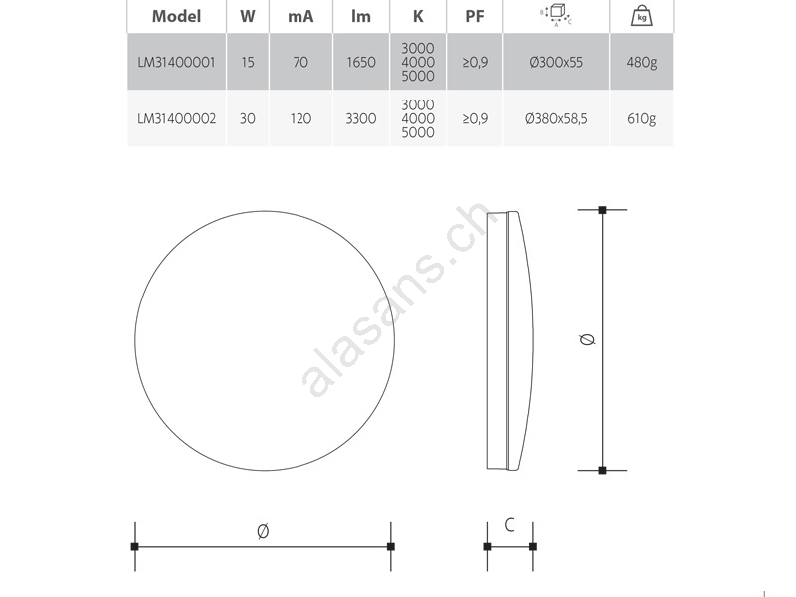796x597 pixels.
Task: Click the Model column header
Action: tap(177, 16)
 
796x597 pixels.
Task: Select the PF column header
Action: tap(475, 16)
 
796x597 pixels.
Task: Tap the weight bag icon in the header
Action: tap(641, 15)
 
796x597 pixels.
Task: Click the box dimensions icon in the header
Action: tap(556, 15)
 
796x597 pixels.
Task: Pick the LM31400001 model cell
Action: tap(177, 62)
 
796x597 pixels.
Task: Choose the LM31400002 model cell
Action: tap(177, 118)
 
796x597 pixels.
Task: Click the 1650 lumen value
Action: tap(361, 62)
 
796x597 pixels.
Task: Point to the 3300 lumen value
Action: tap(361, 118)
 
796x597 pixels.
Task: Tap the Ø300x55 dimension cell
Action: tap(556, 62)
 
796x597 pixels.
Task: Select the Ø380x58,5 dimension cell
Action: tap(556, 118)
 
